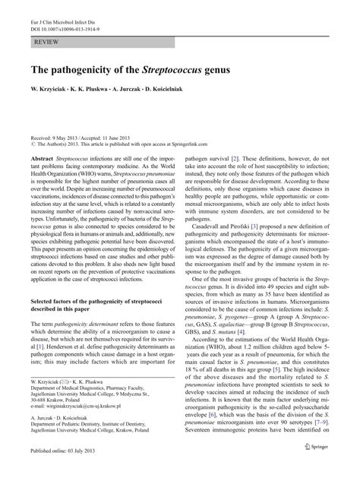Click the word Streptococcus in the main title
click(x=185, y=69)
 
